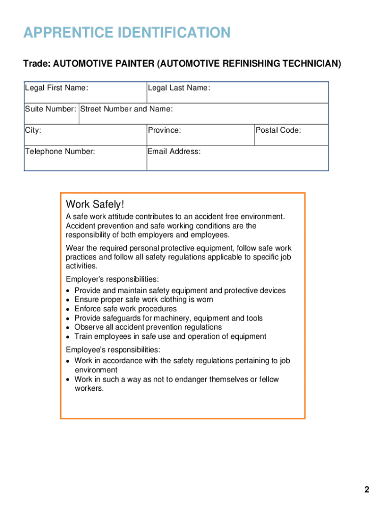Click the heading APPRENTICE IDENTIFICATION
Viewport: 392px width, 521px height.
click(127, 33)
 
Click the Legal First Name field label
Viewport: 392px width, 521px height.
click(57, 88)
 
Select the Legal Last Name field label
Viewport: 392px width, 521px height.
click(179, 88)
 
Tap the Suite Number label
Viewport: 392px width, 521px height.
click(51, 109)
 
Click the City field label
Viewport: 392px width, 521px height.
click(33, 130)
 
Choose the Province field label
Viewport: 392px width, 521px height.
click(164, 130)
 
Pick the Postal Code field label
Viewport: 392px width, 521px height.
click(278, 130)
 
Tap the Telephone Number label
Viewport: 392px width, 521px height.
click(60, 151)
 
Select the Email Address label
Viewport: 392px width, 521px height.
click(174, 151)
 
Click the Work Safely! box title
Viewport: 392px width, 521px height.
click(95, 205)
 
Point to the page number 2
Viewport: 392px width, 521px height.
click(367, 490)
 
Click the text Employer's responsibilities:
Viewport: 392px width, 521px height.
click(113, 279)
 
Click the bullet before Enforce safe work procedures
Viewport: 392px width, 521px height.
click(68, 309)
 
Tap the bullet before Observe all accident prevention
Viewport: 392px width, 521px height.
click(68, 328)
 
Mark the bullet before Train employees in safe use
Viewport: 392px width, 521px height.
click(68, 337)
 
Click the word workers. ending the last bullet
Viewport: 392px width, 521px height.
click(89, 388)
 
